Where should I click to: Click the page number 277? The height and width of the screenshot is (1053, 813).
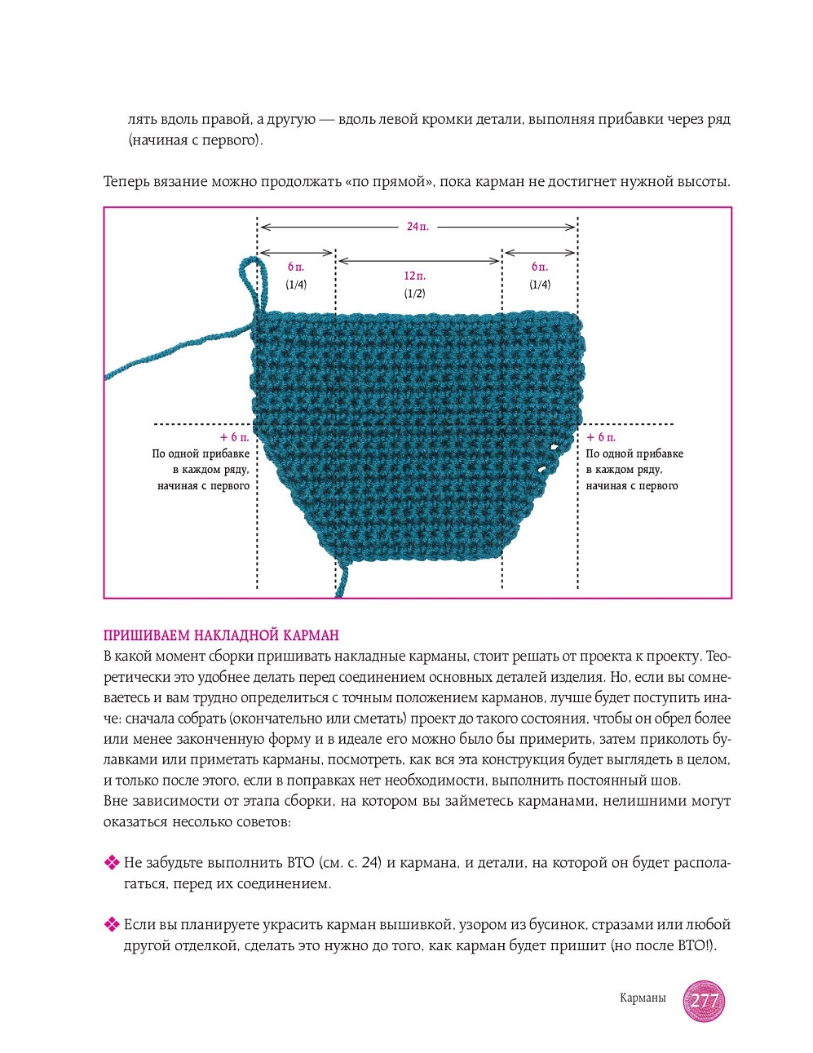coord(704,1001)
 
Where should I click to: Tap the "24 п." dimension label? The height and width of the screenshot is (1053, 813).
coord(418,226)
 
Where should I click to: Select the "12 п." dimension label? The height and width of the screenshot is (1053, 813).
coord(414,276)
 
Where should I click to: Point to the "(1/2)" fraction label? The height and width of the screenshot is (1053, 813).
coord(414,293)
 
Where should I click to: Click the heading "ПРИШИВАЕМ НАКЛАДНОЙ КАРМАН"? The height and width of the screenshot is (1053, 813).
coord(221,635)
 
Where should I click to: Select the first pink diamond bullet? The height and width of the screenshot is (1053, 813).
coord(112,862)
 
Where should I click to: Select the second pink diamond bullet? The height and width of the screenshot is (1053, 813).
coord(112,924)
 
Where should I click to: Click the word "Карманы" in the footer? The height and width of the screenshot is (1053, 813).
coord(643,998)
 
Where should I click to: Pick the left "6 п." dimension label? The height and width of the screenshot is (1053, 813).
coord(296,267)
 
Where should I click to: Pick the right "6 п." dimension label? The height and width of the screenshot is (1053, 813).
coord(540,267)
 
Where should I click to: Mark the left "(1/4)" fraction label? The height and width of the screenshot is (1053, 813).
coord(296,285)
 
